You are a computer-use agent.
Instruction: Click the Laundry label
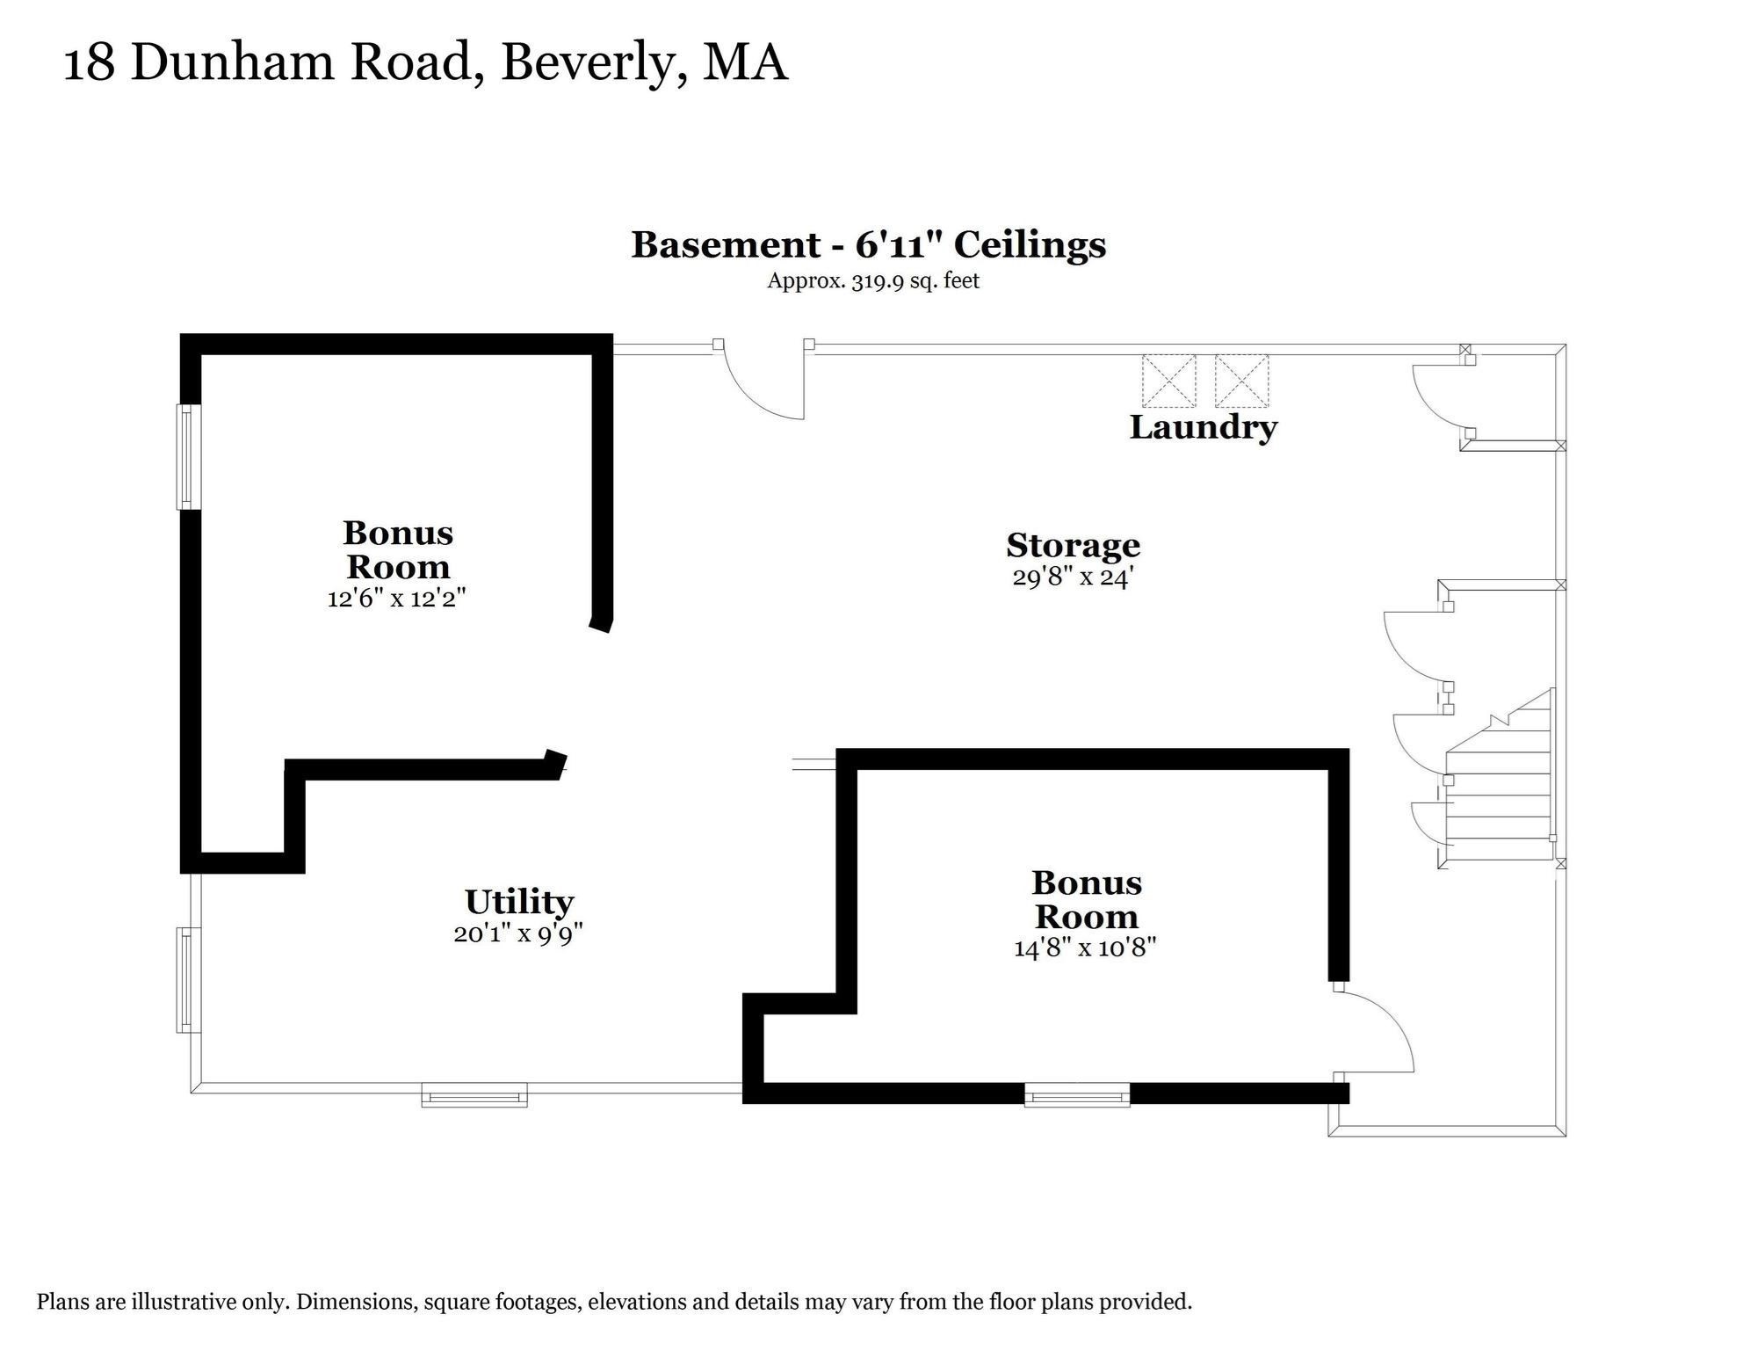coord(1202,428)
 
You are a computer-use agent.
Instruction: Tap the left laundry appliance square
coord(1168,381)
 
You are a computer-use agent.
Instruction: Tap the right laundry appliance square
coord(1241,381)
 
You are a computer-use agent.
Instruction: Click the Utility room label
coord(518,902)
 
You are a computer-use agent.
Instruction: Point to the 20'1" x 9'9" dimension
coord(518,933)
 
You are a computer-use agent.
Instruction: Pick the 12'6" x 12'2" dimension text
coord(395,599)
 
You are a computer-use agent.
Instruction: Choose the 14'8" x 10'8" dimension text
coord(1084,948)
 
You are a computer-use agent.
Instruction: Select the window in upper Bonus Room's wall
coord(189,456)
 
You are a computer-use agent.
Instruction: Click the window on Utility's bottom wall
coord(474,1094)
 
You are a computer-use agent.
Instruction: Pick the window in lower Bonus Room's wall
coord(1076,1094)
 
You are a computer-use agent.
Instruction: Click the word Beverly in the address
coord(593,63)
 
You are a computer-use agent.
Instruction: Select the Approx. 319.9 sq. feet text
coord(872,281)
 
